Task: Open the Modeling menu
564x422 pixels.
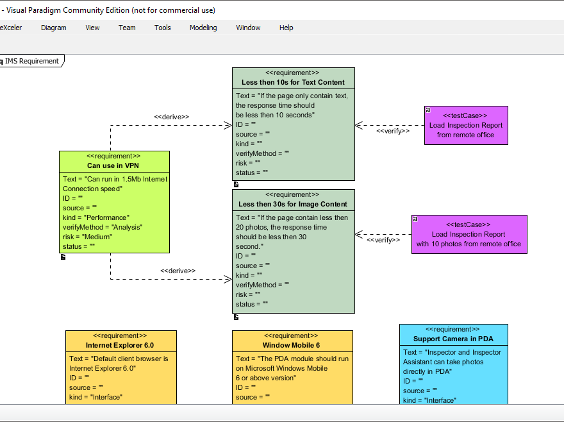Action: point(203,28)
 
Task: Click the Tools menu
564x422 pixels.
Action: point(162,28)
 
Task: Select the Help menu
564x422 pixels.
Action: point(286,28)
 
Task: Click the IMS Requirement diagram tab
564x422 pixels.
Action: point(32,61)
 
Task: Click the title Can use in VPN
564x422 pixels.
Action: point(113,165)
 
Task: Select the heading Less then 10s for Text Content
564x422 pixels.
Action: point(293,82)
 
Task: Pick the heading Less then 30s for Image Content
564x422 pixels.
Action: point(293,204)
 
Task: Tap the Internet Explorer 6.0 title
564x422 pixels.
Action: point(120,345)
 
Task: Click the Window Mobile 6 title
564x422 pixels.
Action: point(291,345)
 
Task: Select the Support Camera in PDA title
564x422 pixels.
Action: point(453,339)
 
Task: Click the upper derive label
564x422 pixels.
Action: point(171,117)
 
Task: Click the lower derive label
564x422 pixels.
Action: point(178,271)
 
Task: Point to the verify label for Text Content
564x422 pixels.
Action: point(393,131)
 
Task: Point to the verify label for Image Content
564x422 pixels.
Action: point(383,240)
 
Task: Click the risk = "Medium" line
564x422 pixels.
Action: point(87,237)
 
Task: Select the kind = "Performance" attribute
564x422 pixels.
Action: point(96,217)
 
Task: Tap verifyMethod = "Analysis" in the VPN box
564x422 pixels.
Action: point(103,227)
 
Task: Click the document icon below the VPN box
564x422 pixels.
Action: point(63,257)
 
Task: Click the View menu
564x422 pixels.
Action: point(92,28)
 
